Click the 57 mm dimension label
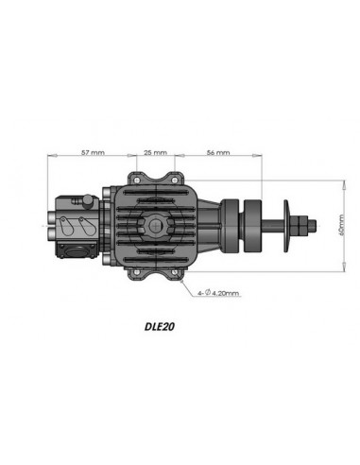coord(93,151)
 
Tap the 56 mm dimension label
coord(217,151)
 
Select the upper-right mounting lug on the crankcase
coord(172,178)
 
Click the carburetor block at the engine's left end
coord(76,221)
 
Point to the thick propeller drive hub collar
coord(249,226)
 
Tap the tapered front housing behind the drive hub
coord(218,226)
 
